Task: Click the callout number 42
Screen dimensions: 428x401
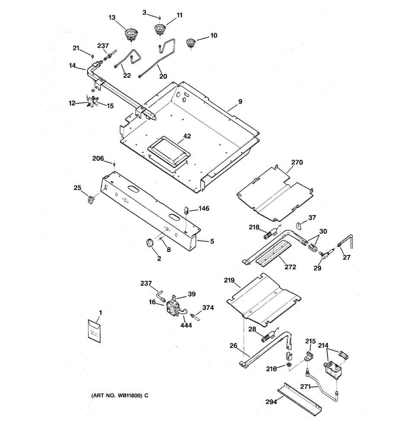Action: pyautogui.click(x=187, y=136)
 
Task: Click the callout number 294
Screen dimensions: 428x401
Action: pyautogui.click(x=271, y=402)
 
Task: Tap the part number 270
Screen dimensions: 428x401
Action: pyautogui.click(x=297, y=162)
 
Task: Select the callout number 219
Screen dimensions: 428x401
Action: pyautogui.click(x=229, y=280)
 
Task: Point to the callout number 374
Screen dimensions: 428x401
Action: pyautogui.click(x=208, y=307)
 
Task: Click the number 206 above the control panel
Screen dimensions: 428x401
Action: pyautogui.click(x=98, y=158)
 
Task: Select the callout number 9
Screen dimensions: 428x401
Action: pyautogui.click(x=240, y=102)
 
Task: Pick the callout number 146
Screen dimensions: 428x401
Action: pyautogui.click(x=204, y=208)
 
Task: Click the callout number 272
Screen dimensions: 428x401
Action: pyautogui.click(x=291, y=267)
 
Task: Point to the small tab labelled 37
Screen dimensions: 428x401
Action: pyautogui.click(x=300, y=225)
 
